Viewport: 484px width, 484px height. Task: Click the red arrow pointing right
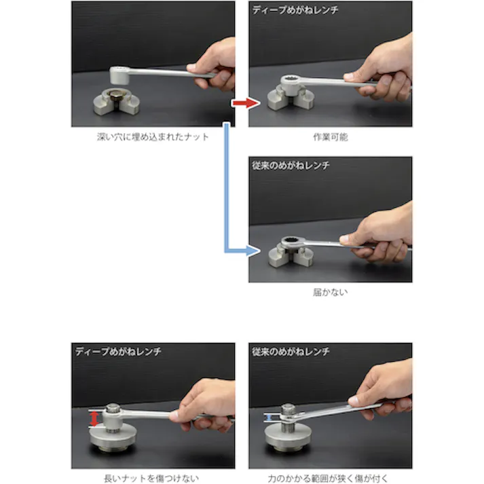(245, 103)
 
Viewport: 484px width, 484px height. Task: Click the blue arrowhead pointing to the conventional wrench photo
(253, 250)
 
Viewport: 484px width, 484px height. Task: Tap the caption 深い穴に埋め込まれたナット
(153, 136)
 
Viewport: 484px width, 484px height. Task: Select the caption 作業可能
(330, 136)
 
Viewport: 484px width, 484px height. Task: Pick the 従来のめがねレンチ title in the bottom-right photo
(291, 351)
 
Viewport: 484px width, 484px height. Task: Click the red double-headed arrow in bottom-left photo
(94, 418)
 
